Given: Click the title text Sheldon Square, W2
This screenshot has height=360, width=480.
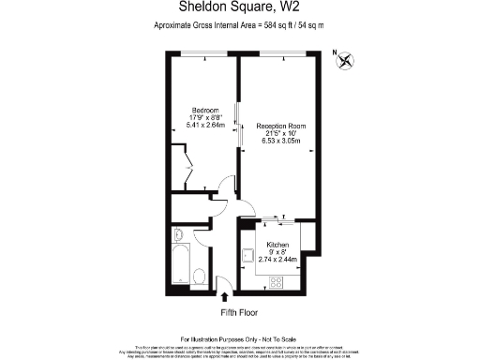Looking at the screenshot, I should click(239, 8).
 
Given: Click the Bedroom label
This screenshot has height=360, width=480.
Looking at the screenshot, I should click(205, 108).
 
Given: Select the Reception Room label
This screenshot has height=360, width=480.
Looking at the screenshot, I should click(282, 125).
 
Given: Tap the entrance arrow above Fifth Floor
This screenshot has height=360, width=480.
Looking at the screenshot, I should click(222, 296).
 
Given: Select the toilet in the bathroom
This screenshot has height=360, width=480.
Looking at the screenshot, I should click(200, 276).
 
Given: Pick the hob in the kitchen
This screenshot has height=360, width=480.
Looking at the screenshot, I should click(278, 280).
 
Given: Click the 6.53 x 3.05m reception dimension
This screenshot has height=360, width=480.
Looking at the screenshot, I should click(282, 142).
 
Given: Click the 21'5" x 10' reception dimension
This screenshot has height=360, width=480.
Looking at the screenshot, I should click(282, 133).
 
